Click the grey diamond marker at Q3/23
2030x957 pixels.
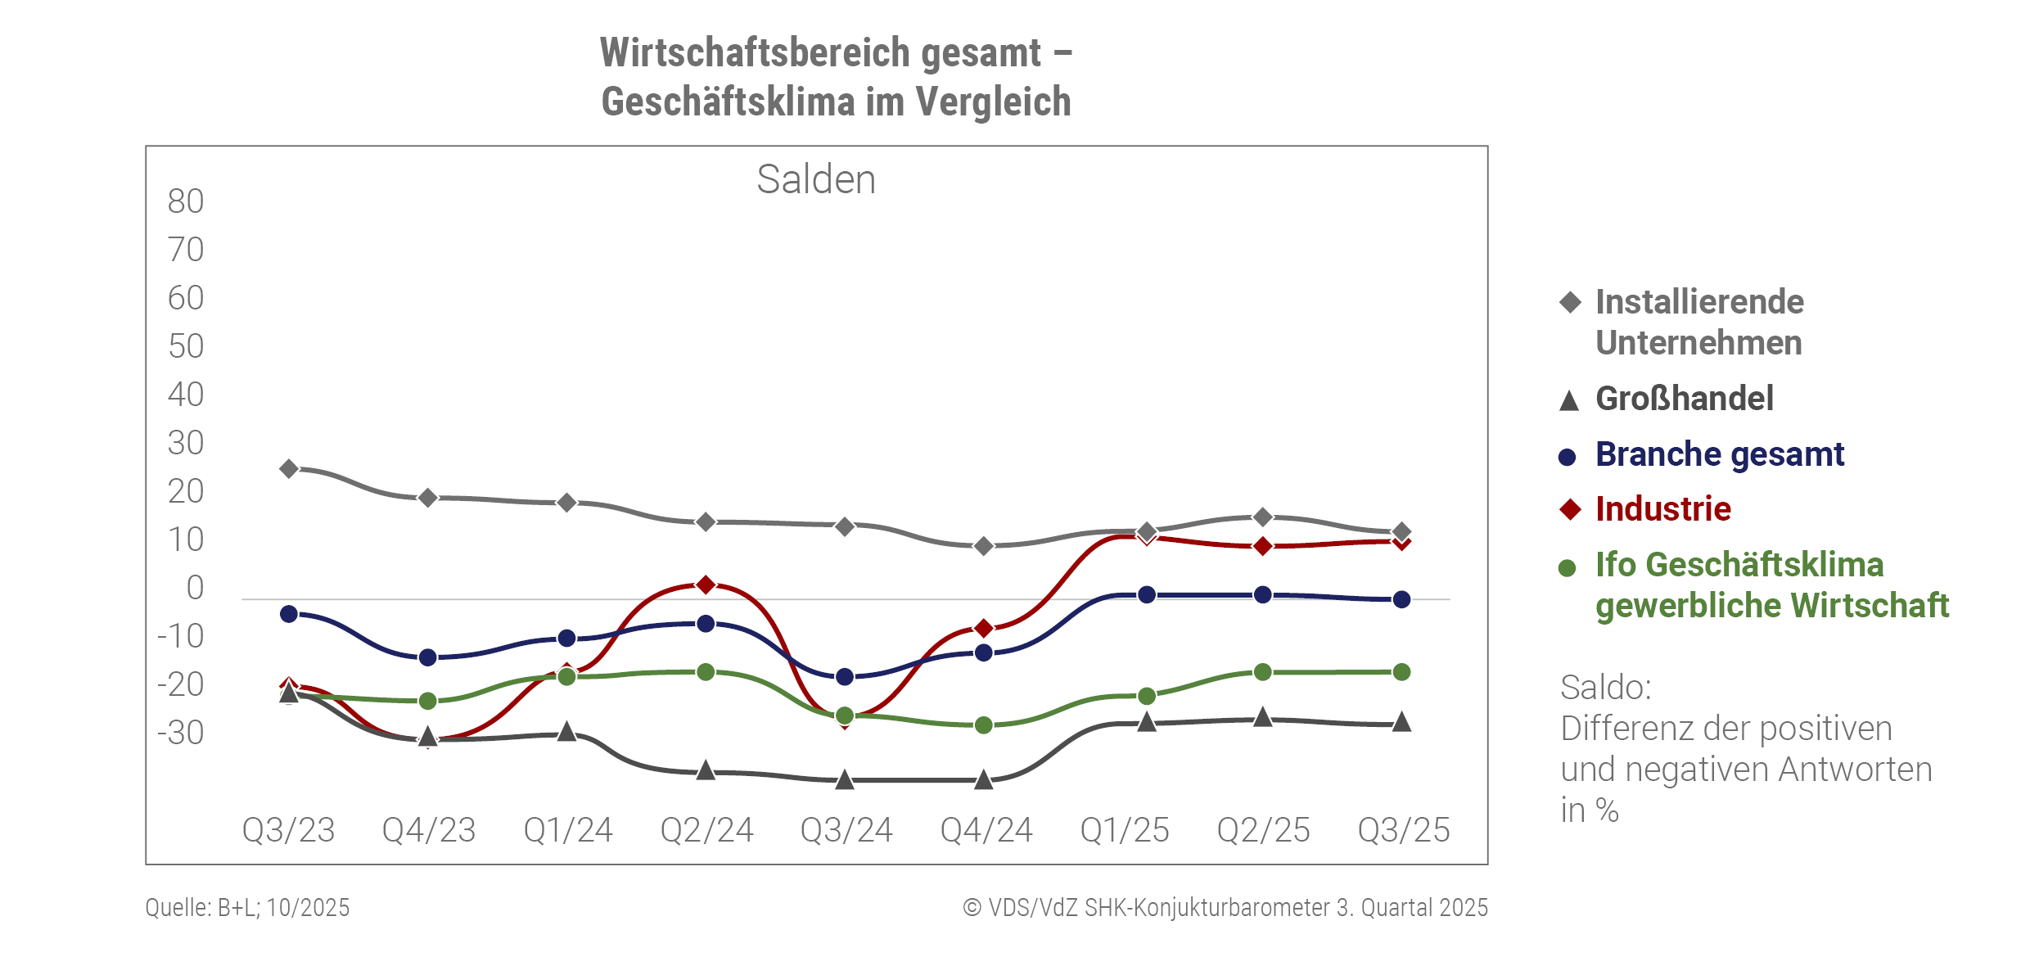[289, 469]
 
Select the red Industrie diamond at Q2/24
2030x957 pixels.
[706, 585]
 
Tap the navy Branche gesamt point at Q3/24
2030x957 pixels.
[845, 677]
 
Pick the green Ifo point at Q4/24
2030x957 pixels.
[984, 725]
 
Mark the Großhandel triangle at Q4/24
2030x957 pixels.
[984, 779]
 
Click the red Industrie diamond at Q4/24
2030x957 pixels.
[984, 628]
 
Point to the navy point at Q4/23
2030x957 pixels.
[427, 657]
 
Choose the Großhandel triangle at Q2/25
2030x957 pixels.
[1263, 717]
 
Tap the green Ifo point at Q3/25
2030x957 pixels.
[1401, 672]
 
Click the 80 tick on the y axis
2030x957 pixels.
[186, 201]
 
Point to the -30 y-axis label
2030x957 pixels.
[181, 733]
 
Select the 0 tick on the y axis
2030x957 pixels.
[195, 588]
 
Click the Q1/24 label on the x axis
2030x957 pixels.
[568, 830]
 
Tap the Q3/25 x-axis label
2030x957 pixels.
[1404, 830]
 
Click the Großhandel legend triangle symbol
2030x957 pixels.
[1569, 400]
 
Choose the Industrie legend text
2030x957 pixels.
[1663, 509]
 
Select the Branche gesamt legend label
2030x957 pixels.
[1720, 454]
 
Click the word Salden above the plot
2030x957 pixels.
[816, 179]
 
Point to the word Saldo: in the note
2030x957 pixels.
[1606, 688]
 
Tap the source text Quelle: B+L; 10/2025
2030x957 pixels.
[247, 908]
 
